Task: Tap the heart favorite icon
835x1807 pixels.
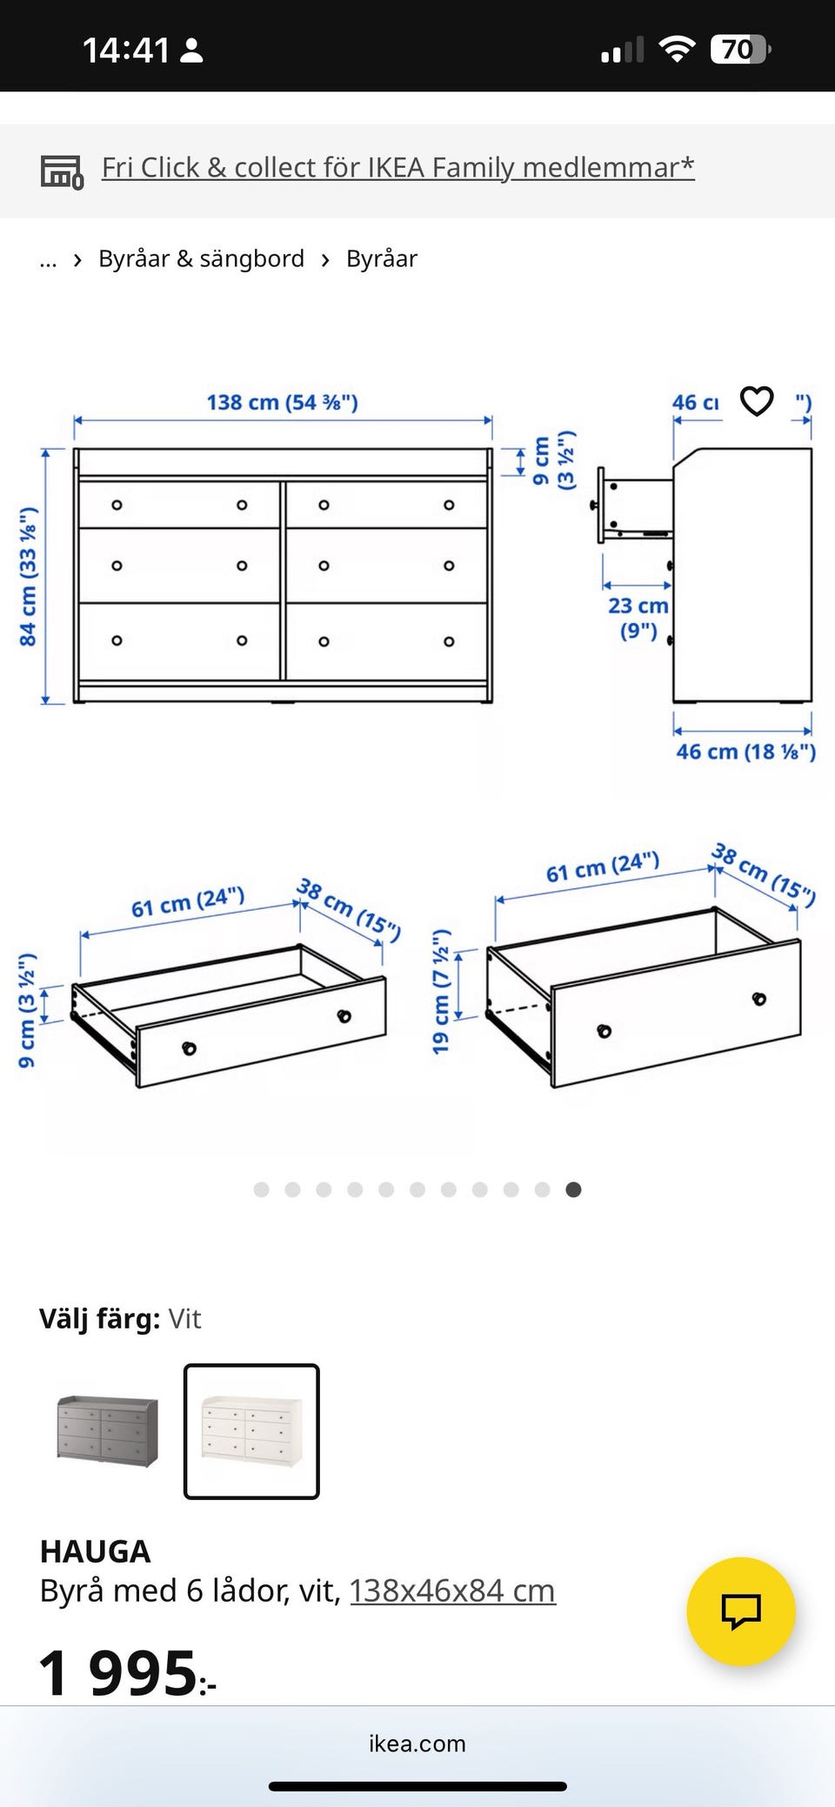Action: pyautogui.click(x=757, y=401)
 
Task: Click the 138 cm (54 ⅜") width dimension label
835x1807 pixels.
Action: pyautogui.click(x=282, y=402)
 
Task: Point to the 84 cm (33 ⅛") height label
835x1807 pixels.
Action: pyautogui.click(x=28, y=577)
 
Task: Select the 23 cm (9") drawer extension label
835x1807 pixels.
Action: pyautogui.click(x=638, y=618)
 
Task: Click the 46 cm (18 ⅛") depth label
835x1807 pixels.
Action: pyautogui.click(x=746, y=752)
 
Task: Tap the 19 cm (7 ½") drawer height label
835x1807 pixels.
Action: pyautogui.click(x=441, y=991)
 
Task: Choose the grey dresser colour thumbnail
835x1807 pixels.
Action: pyautogui.click(x=108, y=1431)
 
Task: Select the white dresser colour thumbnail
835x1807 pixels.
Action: pyautogui.click(x=251, y=1431)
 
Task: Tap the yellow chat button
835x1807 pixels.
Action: pyautogui.click(x=741, y=1611)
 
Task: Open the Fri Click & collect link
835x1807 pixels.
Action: pyautogui.click(x=398, y=167)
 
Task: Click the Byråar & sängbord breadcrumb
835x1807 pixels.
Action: pyautogui.click(x=201, y=258)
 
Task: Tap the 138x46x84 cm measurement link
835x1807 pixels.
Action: pyautogui.click(x=452, y=1590)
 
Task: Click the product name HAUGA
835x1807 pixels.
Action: pyautogui.click(x=96, y=1551)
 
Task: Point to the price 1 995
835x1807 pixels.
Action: pyautogui.click(x=127, y=1672)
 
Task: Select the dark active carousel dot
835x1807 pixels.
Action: pyautogui.click(x=573, y=1189)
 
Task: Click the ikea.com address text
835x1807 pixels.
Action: pyautogui.click(x=417, y=1743)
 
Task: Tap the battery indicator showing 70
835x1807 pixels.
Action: pyautogui.click(x=740, y=50)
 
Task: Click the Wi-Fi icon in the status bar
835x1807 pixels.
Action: pyautogui.click(x=677, y=49)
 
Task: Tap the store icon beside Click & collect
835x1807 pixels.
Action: pyautogui.click(x=63, y=171)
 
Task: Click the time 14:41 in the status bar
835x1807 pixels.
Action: pyautogui.click(x=126, y=50)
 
